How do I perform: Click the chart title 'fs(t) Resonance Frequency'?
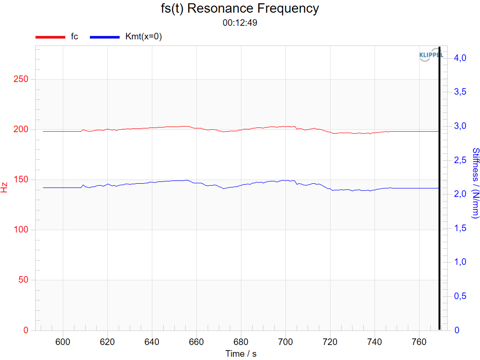240,8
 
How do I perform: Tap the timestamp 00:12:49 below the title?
240,22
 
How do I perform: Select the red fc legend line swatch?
50,37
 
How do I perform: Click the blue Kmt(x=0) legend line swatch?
105,37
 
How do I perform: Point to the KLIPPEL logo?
431,55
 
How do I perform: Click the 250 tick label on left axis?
21,79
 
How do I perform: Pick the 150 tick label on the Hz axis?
21,180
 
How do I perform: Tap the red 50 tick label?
23,279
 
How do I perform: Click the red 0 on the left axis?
26,330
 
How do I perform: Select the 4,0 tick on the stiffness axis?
460,58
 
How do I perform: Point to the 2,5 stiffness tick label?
460,160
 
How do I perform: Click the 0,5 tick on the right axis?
460,296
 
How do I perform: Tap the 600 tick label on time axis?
63,342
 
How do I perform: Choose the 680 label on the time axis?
241,342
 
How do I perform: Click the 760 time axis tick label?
419,342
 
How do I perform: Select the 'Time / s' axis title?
241,353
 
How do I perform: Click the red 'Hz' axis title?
4,187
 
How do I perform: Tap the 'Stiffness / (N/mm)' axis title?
475,183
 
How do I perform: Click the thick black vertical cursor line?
440,188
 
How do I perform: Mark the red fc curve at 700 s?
285,127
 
